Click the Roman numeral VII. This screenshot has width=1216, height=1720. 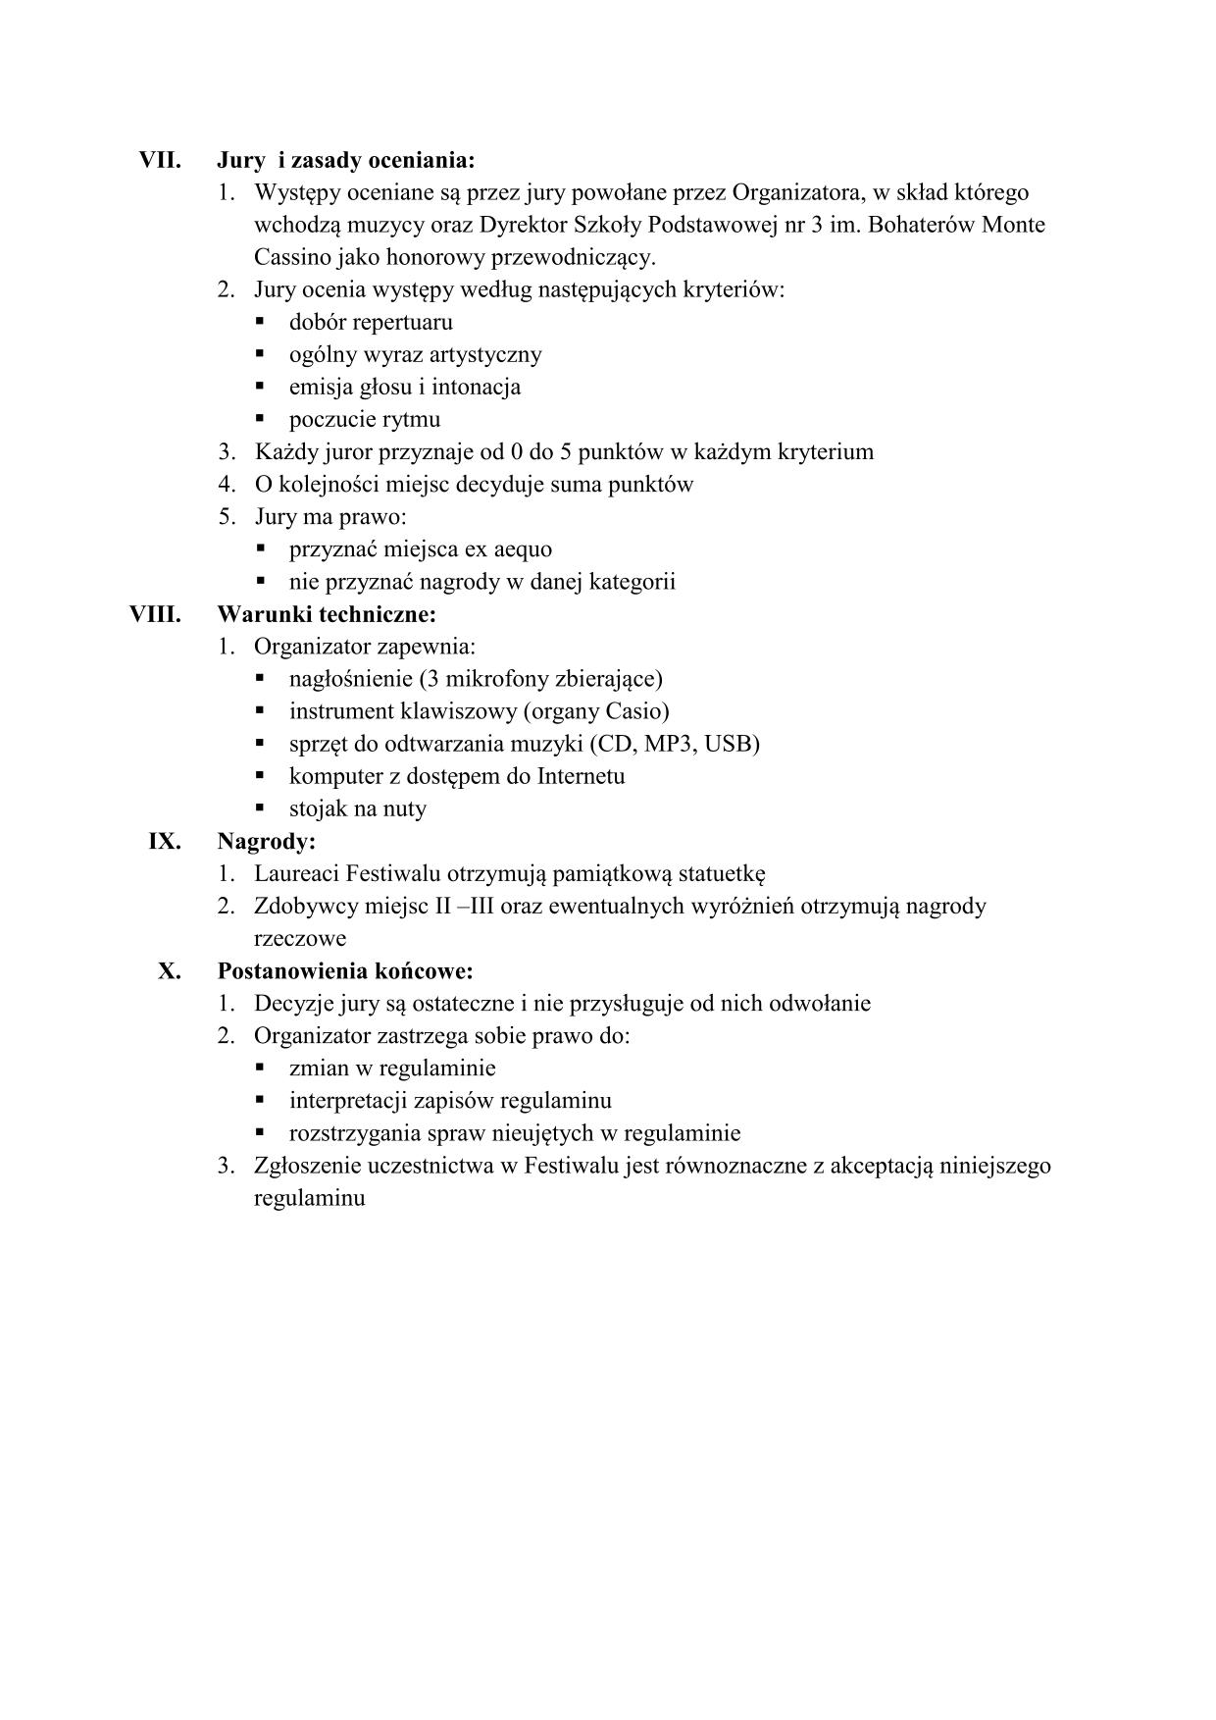(160, 160)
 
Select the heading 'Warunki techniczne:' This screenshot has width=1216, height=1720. (327, 614)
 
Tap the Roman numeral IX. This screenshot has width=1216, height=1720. (164, 841)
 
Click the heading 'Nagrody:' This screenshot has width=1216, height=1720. (266, 841)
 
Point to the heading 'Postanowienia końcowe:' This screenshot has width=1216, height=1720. (345, 971)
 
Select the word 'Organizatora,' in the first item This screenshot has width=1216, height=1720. (799, 192)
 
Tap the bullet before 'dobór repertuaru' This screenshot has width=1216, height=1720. (261, 321)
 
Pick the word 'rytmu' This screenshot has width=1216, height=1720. (413, 420)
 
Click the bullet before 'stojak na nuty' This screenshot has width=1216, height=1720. (261, 808)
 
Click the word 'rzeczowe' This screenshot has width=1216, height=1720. (300, 939)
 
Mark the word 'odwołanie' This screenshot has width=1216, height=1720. (822, 1004)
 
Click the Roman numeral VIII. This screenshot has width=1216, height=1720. (156, 614)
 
